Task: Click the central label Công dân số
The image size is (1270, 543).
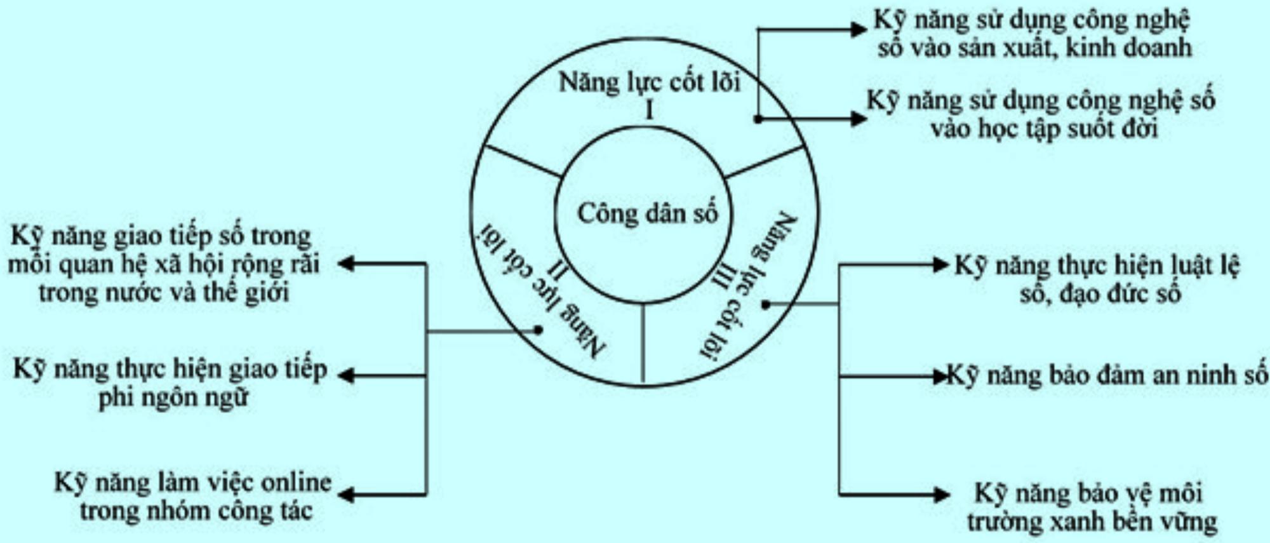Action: pos(646,213)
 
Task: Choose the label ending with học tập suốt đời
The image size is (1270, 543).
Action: pos(1041,115)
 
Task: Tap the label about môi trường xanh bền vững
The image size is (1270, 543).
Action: pos(1091,507)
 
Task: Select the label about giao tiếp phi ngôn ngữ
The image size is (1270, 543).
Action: pos(170,383)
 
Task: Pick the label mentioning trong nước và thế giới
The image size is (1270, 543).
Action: pos(164,264)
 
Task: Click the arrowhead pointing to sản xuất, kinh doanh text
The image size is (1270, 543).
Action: pos(859,29)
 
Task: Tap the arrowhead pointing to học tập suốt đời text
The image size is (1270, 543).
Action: pos(859,119)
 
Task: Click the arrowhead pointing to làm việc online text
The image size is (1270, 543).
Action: pos(346,495)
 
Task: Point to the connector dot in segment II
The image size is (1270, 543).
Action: pos(538,330)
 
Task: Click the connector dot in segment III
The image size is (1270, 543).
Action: pos(766,305)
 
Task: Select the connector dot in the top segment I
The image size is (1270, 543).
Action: pos(758,119)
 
